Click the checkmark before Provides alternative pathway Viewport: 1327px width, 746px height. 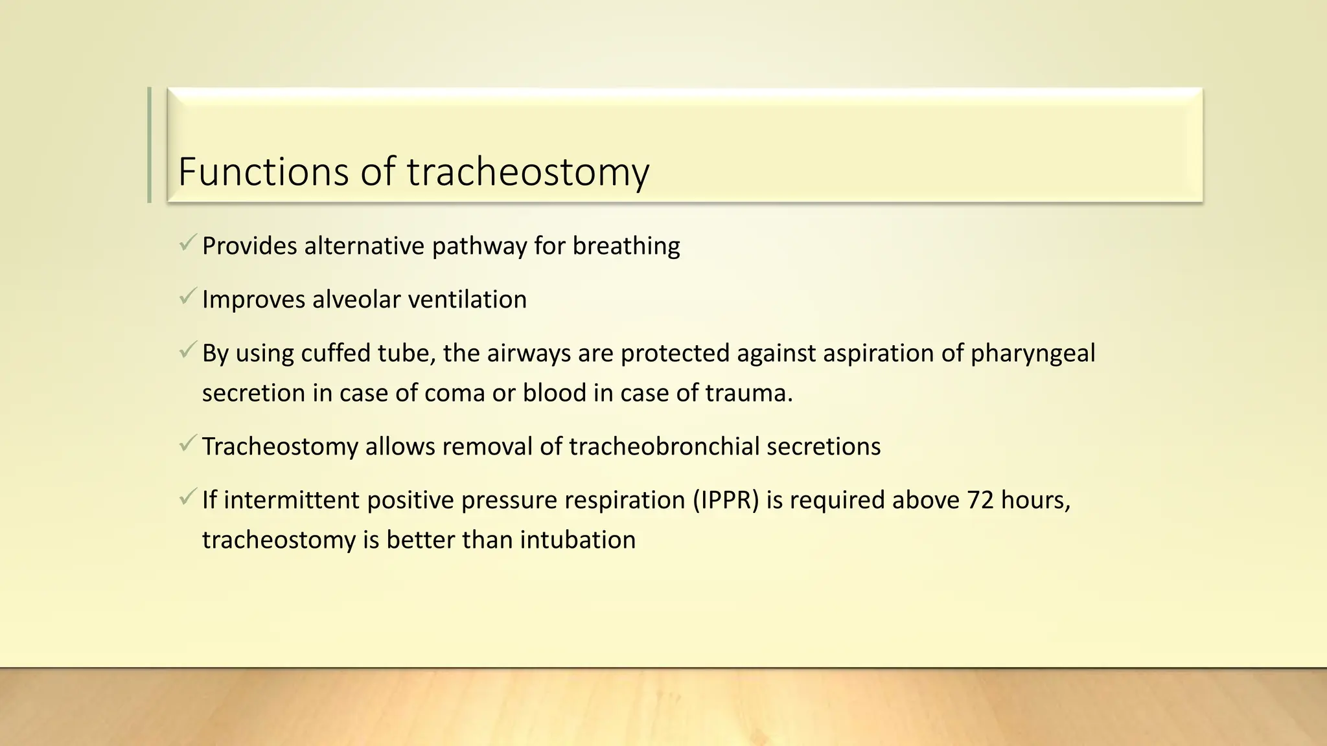[x=188, y=244]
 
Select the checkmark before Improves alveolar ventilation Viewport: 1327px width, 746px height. [x=188, y=298]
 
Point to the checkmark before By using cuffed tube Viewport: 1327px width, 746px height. [x=188, y=352]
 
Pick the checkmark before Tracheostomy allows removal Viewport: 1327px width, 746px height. [x=188, y=445]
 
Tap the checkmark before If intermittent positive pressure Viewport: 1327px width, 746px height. [x=188, y=499]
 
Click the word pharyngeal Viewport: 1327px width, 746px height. [x=1032, y=354]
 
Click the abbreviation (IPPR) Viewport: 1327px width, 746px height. [x=725, y=501]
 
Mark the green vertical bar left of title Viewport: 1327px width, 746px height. [x=150, y=145]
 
